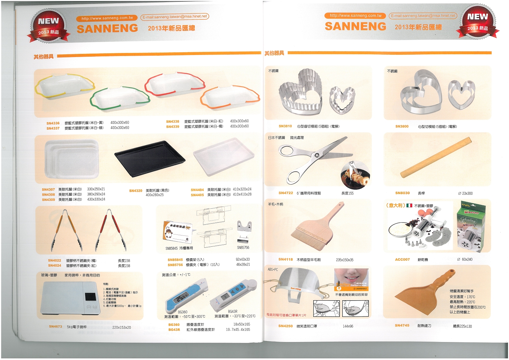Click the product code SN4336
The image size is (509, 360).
click(x=53, y=123)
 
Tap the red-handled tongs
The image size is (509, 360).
click(x=109, y=230)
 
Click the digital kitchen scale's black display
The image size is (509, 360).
click(x=90, y=296)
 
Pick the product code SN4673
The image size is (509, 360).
click(x=55, y=326)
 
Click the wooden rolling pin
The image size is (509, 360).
click(x=436, y=158)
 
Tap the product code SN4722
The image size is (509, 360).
click(x=285, y=193)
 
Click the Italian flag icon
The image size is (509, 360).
click(x=409, y=205)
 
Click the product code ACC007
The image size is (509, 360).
click(x=402, y=259)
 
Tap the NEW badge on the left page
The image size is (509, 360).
click(x=48, y=26)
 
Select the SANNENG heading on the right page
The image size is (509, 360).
click(x=355, y=26)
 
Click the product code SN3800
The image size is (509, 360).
click(x=402, y=126)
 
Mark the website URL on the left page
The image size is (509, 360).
click(x=107, y=18)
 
